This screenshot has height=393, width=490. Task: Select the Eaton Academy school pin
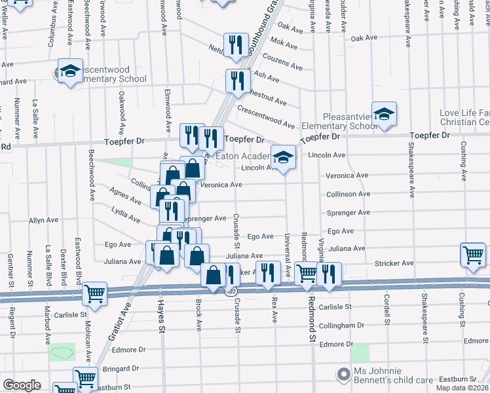point(283,158)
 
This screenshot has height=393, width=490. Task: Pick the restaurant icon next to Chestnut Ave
point(236,80)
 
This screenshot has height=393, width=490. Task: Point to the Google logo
point(22,385)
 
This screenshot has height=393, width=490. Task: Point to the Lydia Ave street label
point(125,215)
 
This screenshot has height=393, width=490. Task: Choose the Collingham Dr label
point(341,326)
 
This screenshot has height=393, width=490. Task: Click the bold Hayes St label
point(160,317)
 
